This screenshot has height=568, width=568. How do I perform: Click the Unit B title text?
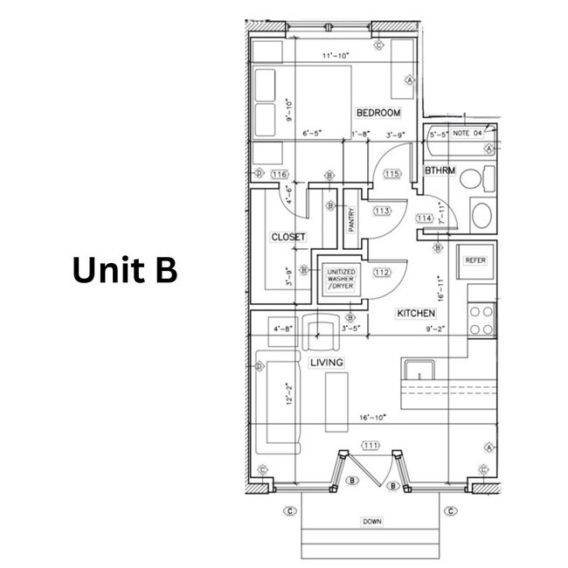[124, 271]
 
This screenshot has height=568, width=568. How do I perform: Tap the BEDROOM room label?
[378, 114]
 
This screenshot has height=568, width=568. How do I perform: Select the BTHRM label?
[440, 170]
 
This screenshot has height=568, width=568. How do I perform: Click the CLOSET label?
[288, 237]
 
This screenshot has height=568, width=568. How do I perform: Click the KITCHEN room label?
[416, 313]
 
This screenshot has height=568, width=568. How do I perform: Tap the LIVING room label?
[326, 362]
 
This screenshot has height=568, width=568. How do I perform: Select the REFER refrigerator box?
[474, 260]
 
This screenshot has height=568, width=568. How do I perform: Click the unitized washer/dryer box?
[341, 279]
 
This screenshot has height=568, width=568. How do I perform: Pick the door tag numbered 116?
[280, 175]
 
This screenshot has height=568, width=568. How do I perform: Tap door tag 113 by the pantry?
[382, 211]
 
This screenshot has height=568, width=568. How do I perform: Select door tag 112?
[382, 272]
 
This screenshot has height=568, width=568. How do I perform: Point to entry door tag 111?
[371, 446]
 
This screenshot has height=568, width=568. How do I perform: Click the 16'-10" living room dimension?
[372, 418]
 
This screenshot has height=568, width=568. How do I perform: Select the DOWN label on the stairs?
[372, 522]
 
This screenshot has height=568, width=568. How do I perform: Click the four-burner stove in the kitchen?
[481, 320]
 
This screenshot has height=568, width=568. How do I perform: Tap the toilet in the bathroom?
[472, 181]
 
